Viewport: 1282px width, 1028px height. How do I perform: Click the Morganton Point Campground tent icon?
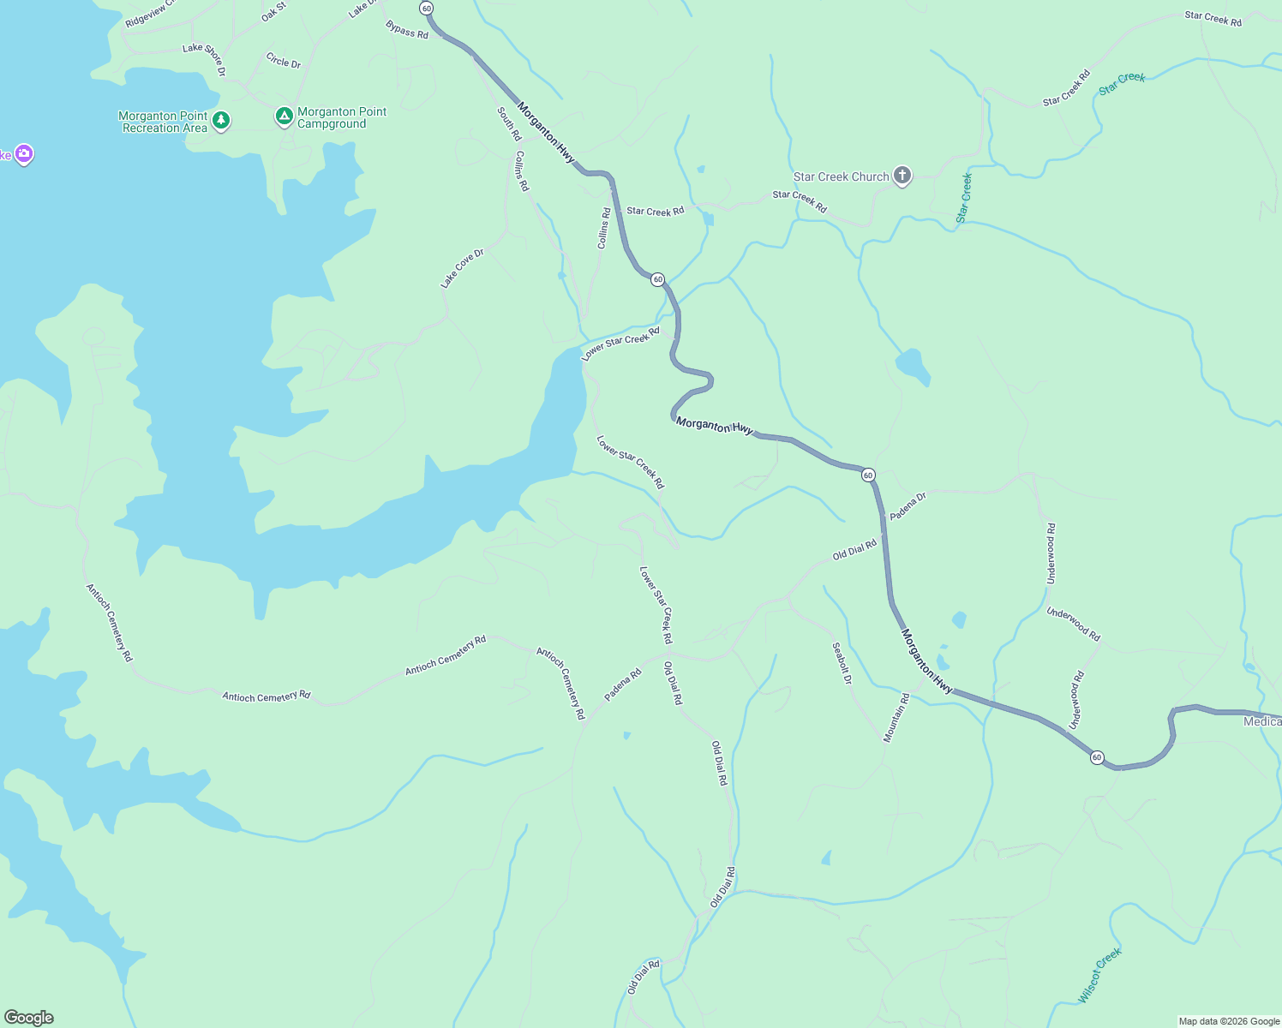click(x=284, y=116)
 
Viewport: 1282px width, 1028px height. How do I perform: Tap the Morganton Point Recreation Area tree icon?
click(x=221, y=120)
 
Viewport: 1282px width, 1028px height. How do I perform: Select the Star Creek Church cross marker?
click(x=902, y=176)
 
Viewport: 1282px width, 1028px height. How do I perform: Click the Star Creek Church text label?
click(x=841, y=176)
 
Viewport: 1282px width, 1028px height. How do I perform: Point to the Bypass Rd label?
click(x=407, y=30)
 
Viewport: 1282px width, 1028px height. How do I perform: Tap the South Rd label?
click(x=509, y=124)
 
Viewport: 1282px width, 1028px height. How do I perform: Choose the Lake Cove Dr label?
click(x=462, y=268)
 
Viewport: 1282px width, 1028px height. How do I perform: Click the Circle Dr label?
click(x=284, y=61)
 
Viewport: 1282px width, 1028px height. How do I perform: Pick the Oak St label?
click(x=273, y=12)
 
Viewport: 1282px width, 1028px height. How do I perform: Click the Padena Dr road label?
click(x=908, y=506)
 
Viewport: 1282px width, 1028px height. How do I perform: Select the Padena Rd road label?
click(x=623, y=685)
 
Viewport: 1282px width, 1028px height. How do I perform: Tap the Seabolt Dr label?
click(x=842, y=663)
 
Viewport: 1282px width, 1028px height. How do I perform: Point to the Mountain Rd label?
click(x=896, y=718)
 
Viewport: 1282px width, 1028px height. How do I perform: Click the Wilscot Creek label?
click(x=1099, y=975)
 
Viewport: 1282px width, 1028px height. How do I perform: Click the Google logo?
click(x=28, y=1018)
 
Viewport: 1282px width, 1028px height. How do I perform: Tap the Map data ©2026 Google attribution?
click(x=1229, y=1021)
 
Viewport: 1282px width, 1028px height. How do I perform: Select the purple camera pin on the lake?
click(x=24, y=154)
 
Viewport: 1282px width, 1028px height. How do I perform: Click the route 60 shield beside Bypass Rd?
click(x=427, y=8)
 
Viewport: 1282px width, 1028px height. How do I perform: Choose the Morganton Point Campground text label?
click(x=342, y=117)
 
